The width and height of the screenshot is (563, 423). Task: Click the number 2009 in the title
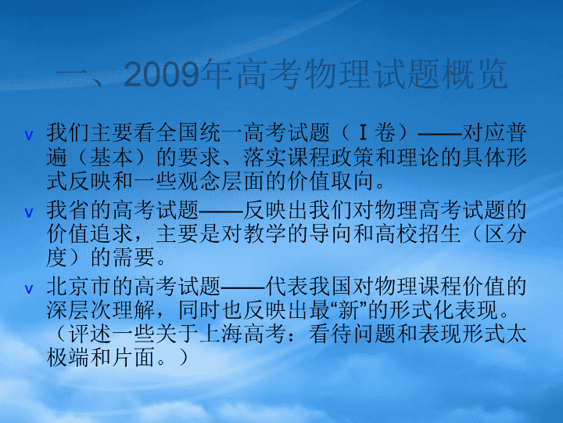(x=162, y=74)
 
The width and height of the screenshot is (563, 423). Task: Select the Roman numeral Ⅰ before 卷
(x=363, y=132)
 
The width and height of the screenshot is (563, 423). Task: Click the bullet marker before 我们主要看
(x=29, y=136)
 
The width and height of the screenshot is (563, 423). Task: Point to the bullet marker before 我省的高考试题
(x=29, y=213)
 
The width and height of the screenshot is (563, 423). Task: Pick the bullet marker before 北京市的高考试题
(x=29, y=289)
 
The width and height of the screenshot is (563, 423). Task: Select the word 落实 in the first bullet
(x=265, y=157)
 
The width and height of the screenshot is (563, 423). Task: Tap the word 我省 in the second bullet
(x=68, y=210)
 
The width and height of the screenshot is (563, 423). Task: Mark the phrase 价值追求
(x=90, y=234)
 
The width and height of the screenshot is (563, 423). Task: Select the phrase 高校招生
(x=418, y=234)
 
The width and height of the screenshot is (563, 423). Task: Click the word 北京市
(x=79, y=287)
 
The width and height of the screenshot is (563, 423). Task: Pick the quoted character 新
(x=349, y=310)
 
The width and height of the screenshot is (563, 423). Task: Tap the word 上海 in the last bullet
(x=221, y=334)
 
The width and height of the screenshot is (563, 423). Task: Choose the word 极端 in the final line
(x=68, y=358)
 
